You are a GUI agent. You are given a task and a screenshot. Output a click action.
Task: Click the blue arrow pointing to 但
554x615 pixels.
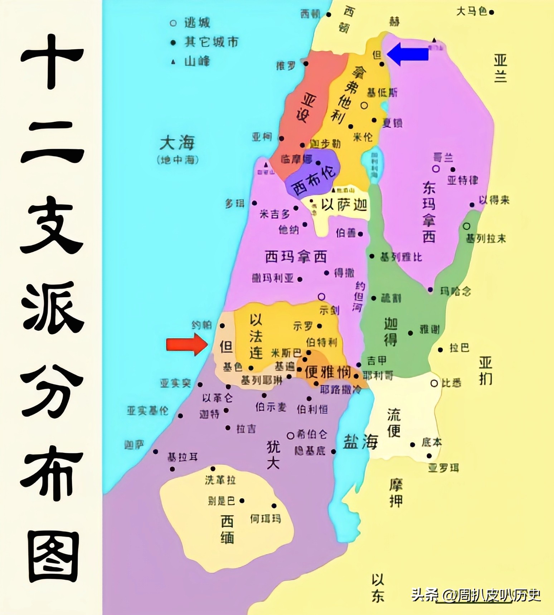click(x=408, y=54)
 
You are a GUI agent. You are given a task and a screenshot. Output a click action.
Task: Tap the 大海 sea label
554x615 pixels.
click(x=177, y=143)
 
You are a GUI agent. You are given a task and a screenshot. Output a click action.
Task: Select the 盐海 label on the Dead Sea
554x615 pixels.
click(x=360, y=442)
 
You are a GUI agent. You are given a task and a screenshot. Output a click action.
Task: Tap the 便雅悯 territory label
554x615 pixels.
click(x=327, y=372)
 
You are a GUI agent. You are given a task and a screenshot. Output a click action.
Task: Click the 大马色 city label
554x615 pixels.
click(x=471, y=12)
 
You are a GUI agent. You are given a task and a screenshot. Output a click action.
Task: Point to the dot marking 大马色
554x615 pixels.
click(x=492, y=12)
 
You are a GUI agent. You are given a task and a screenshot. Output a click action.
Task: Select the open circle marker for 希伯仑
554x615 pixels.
click(x=290, y=435)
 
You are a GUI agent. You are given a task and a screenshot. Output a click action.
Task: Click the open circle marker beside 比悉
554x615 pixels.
click(x=434, y=383)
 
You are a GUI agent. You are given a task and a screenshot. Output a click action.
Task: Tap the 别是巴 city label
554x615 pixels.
click(x=222, y=501)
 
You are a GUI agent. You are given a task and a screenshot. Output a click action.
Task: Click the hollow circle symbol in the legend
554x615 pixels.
click(x=173, y=23)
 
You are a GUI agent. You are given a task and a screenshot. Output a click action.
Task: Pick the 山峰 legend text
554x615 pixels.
click(x=197, y=61)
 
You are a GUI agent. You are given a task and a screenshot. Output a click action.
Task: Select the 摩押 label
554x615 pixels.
click(x=396, y=493)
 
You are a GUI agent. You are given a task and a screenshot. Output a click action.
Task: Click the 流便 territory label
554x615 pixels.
click(x=394, y=423)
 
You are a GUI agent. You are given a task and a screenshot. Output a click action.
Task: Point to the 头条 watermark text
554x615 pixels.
click(x=424, y=595)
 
